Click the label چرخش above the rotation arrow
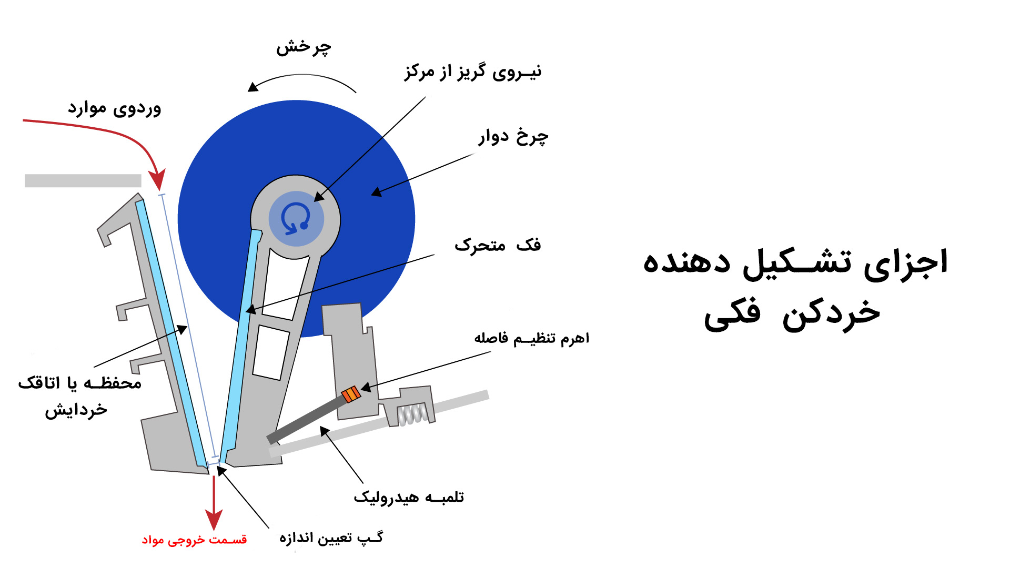[304, 47]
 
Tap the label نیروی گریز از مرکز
[473, 72]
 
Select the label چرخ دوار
[513, 137]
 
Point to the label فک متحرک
[498, 245]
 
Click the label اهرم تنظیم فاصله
[532, 338]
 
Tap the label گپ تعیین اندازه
[331, 537]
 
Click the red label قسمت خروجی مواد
[194, 540]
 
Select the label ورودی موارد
[114, 108]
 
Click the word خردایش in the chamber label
[76, 410]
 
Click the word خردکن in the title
[831, 313]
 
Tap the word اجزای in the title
[905, 262]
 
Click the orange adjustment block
[351, 394]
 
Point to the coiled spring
[412, 414]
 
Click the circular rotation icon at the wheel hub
[296, 218]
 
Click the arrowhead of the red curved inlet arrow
[158, 180]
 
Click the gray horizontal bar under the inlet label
[83, 180]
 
